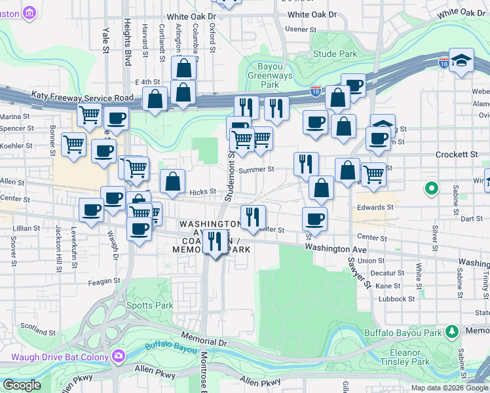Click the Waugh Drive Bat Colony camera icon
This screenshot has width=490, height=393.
point(118,356)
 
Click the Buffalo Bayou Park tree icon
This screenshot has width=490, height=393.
point(451,332)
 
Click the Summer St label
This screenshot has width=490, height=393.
point(255,170)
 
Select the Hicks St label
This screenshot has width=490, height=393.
point(202,192)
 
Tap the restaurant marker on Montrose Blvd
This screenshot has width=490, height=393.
point(214,242)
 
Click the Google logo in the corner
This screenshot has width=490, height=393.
point(22,384)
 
